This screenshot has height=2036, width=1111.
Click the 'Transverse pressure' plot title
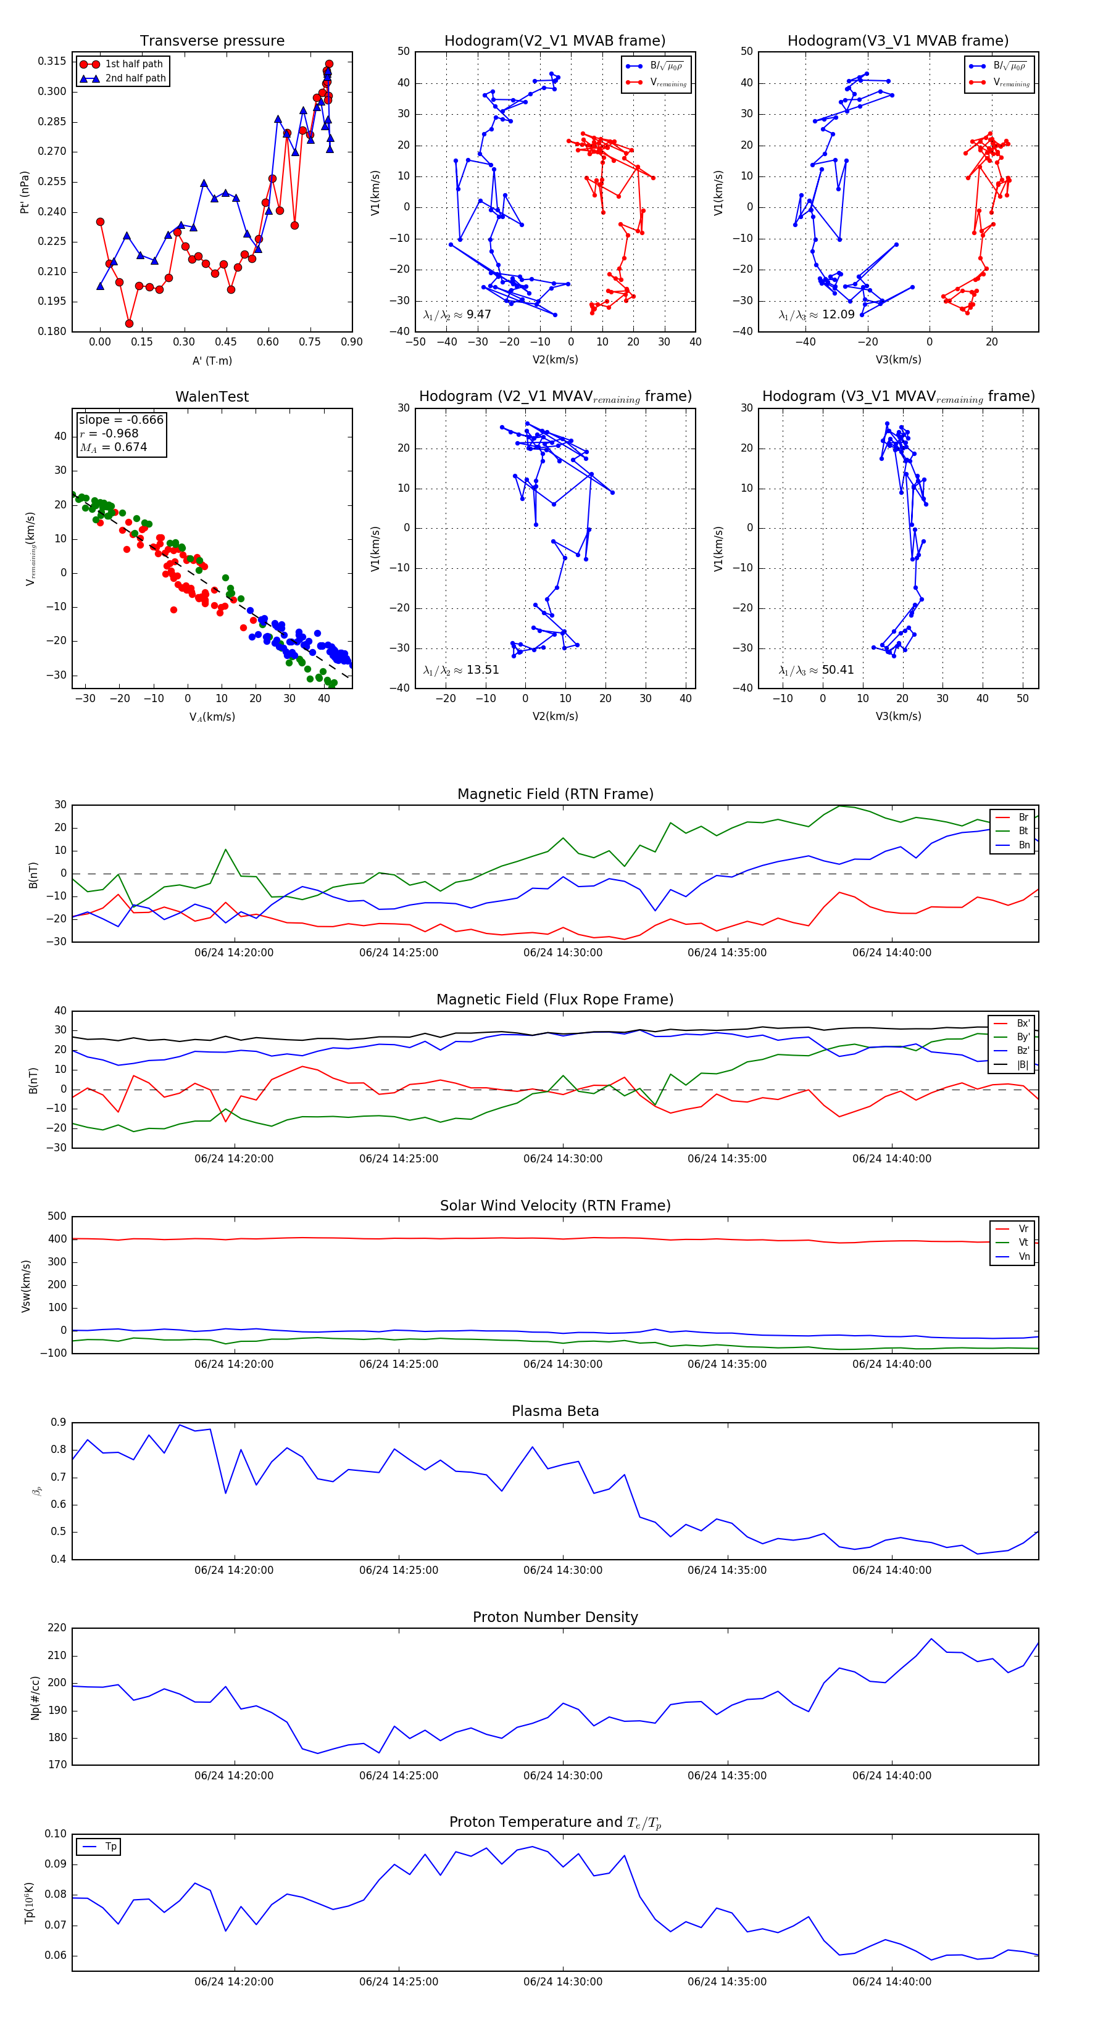(x=212, y=41)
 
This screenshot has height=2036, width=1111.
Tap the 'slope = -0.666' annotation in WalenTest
(x=121, y=420)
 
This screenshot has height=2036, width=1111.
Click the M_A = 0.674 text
(x=113, y=447)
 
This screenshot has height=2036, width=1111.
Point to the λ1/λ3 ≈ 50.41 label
(x=816, y=670)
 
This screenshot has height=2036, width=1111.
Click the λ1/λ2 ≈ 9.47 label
(x=457, y=315)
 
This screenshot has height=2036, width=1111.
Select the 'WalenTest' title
(x=212, y=397)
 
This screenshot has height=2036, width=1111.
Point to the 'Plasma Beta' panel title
(x=555, y=1411)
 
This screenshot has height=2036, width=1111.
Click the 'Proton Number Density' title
(x=555, y=1617)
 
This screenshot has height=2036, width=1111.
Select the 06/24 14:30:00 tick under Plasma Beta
(x=562, y=1570)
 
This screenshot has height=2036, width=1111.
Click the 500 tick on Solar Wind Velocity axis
(x=57, y=1217)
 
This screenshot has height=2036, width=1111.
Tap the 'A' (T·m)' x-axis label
(x=212, y=361)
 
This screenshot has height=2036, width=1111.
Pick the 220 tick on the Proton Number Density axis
(x=57, y=1628)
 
